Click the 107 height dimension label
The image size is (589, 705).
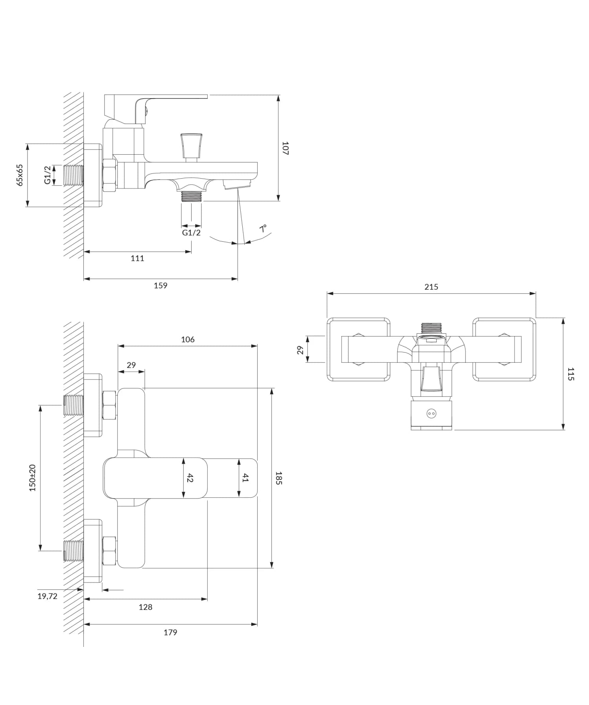tap(285, 148)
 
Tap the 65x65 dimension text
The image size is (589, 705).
tap(20, 175)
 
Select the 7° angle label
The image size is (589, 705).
tap(263, 228)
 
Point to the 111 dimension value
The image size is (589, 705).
tap(137, 258)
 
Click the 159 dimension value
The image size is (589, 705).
tap(161, 285)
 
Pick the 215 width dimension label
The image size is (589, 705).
tap(431, 287)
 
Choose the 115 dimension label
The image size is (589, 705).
tap(571, 374)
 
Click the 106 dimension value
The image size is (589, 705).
tap(188, 340)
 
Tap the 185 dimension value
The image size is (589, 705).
tap(279, 478)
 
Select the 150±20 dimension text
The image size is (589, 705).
tap(33, 478)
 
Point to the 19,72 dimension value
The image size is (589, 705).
tap(48, 596)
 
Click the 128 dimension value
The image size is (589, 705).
tap(145, 607)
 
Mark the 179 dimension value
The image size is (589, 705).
tap(170, 632)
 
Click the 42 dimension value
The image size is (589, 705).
tap(190, 478)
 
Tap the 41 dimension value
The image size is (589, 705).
tap(245, 478)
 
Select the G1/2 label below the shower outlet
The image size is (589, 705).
tap(191, 233)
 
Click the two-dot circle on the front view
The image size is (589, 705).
tap(431, 413)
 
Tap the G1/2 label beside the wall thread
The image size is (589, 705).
tap(48, 175)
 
